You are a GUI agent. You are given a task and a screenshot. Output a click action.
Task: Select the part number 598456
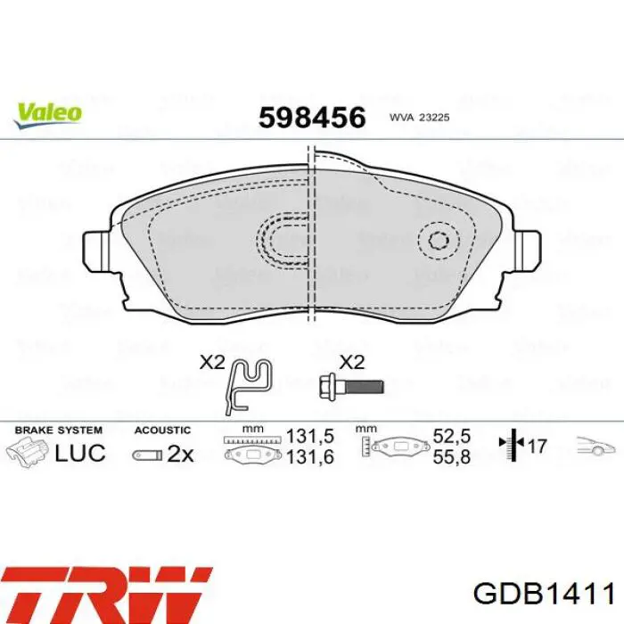pyautogui.click(x=312, y=118)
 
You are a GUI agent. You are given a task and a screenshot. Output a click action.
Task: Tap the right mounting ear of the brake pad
pyautogui.click(x=528, y=247)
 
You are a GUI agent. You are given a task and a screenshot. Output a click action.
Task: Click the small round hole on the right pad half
pyautogui.click(x=439, y=240)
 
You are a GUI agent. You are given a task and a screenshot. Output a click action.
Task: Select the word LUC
pyautogui.click(x=79, y=452)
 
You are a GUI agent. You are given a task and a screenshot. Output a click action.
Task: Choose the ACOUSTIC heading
pyautogui.click(x=162, y=430)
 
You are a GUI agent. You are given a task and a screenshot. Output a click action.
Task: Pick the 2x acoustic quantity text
pyautogui.click(x=180, y=454)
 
